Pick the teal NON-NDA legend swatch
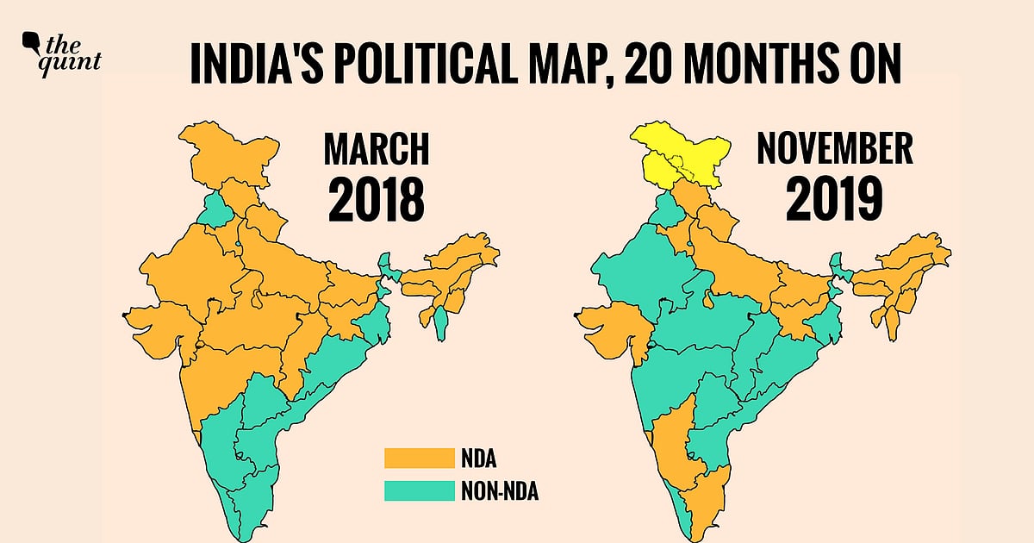tap(419, 490)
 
